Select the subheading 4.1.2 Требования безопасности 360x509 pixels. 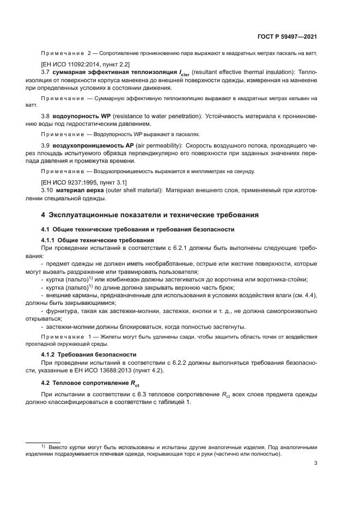coord(87,354)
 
